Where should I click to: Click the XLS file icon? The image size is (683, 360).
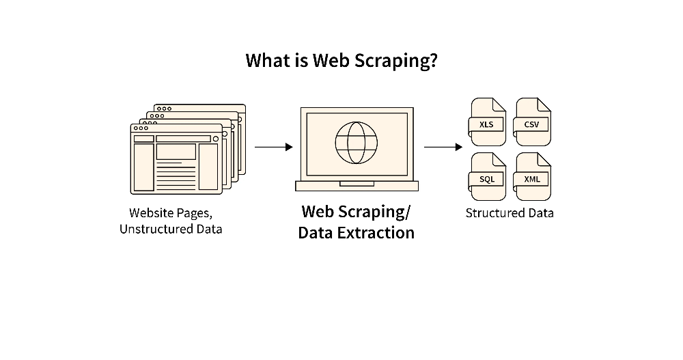point(487,122)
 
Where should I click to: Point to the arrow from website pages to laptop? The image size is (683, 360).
point(273,147)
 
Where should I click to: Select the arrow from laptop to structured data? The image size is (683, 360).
point(443,147)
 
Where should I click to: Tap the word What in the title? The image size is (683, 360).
point(267,61)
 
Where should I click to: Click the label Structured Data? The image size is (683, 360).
point(510,212)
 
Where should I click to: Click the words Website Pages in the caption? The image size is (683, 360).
point(171,212)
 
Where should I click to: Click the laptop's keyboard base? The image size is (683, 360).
point(356,185)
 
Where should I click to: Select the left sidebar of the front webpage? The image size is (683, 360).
point(143,166)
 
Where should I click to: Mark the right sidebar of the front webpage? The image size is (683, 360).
point(208,166)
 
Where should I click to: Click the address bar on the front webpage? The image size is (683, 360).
point(182,139)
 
